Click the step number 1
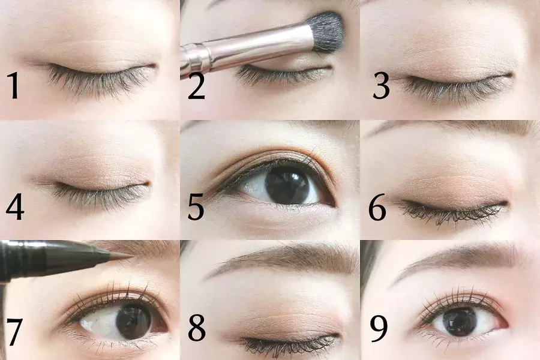point(13,85)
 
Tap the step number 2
point(196,86)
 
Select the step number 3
point(381,86)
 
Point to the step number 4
point(15,206)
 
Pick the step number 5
point(196,206)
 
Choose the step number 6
point(377,206)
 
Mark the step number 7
point(14,331)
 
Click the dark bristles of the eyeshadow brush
point(325,32)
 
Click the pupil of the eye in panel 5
point(288,185)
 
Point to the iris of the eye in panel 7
point(134,320)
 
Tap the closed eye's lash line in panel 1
point(100,71)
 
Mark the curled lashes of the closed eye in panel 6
point(451,212)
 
